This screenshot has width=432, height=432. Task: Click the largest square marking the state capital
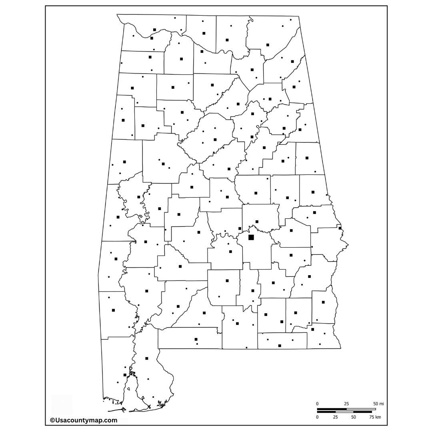tap(251, 237)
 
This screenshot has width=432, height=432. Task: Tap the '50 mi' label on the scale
tap(378, 404)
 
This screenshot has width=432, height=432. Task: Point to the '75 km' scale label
tap(375, 417)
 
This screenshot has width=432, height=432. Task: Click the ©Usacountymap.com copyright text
tap(84, 420)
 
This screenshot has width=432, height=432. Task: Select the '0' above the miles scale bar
tap(318, 404)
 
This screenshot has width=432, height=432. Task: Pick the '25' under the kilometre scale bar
tap(335, 417)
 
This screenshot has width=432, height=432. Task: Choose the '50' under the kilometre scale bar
tap(353, 417)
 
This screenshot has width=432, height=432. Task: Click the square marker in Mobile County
tap(125, 375)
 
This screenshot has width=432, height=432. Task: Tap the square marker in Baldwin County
tap(147, 358)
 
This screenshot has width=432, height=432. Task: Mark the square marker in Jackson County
tap(268, 45)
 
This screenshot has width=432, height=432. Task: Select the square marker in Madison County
tap(227, 40)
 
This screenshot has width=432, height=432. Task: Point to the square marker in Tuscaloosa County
tap(163, 164)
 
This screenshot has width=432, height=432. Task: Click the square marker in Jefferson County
tap(215, 140)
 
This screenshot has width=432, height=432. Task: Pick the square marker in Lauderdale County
tap(154, 30)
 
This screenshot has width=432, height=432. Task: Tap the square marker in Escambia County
tap(196, 339)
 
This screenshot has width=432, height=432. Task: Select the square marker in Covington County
tap(237, 323)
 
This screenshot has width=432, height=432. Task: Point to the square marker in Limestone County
tap(204, 33)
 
